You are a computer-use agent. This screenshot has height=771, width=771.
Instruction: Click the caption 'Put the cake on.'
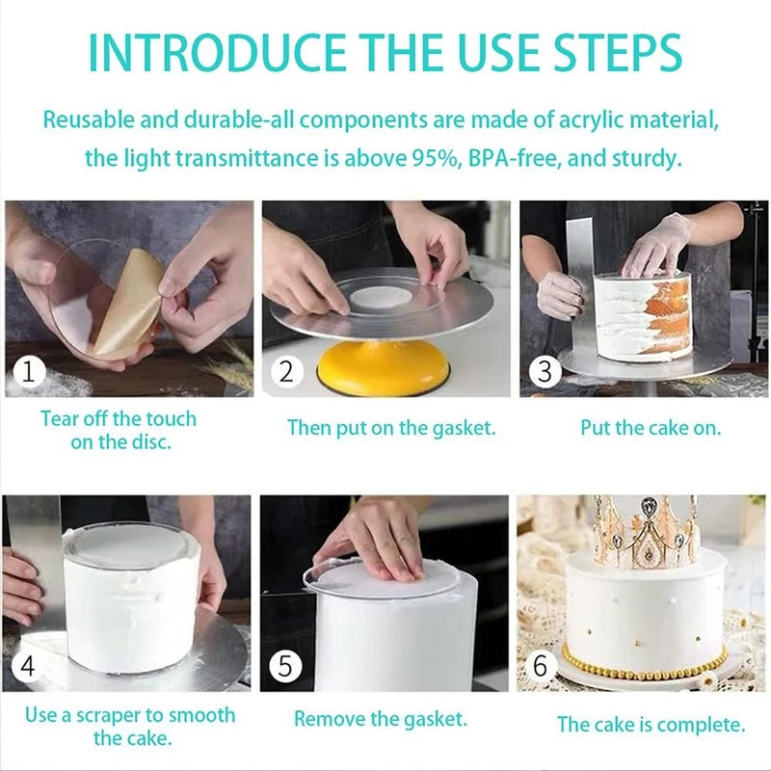[651, 428]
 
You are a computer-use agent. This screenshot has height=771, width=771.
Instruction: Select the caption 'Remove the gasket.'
[380, 719]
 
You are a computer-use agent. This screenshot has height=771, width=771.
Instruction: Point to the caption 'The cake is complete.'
[651, 725]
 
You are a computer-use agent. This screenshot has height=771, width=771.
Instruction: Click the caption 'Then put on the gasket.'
[391, 428]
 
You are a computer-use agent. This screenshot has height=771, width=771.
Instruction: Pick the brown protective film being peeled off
[125, 299]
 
